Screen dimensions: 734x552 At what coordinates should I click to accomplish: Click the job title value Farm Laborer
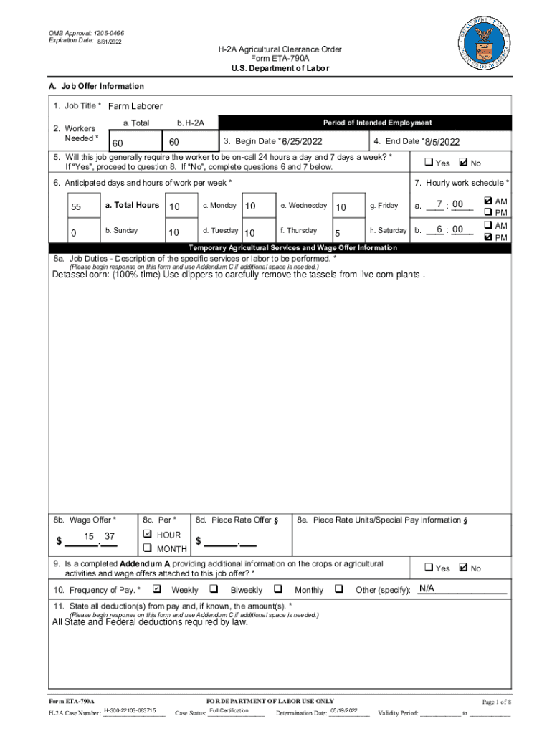tap(135, 106)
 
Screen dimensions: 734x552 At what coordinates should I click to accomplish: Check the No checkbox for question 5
tap(462, 163)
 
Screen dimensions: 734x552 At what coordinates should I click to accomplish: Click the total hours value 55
tap(76, 207)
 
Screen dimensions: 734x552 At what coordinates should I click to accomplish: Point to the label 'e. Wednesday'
tap(303, 206)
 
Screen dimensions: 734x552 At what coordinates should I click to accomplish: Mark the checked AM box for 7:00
tap(488, 201)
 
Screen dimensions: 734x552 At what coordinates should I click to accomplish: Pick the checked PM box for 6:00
tap(488, 237)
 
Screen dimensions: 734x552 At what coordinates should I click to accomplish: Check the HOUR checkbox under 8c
tap(148, 535)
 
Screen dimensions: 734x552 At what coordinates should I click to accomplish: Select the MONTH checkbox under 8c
tap(148, 548)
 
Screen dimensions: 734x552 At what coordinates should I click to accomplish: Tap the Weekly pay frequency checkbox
tap(157, 590)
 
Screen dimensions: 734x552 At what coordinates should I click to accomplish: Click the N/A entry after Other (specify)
tap(427, 589)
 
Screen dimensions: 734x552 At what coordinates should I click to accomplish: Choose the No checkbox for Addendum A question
tap(462, 568)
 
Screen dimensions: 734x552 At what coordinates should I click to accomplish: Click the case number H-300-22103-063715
tap(130, 710)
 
